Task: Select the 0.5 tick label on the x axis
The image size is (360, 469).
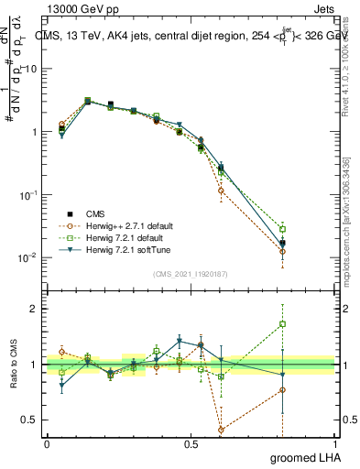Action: click(190, 443)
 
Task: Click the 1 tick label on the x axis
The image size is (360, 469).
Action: click(334, 443)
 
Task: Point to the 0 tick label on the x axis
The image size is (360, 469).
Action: click(47, 443)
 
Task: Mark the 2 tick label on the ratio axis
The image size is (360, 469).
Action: click(35, 309)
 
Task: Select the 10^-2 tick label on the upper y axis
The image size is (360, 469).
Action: click(27, 257)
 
